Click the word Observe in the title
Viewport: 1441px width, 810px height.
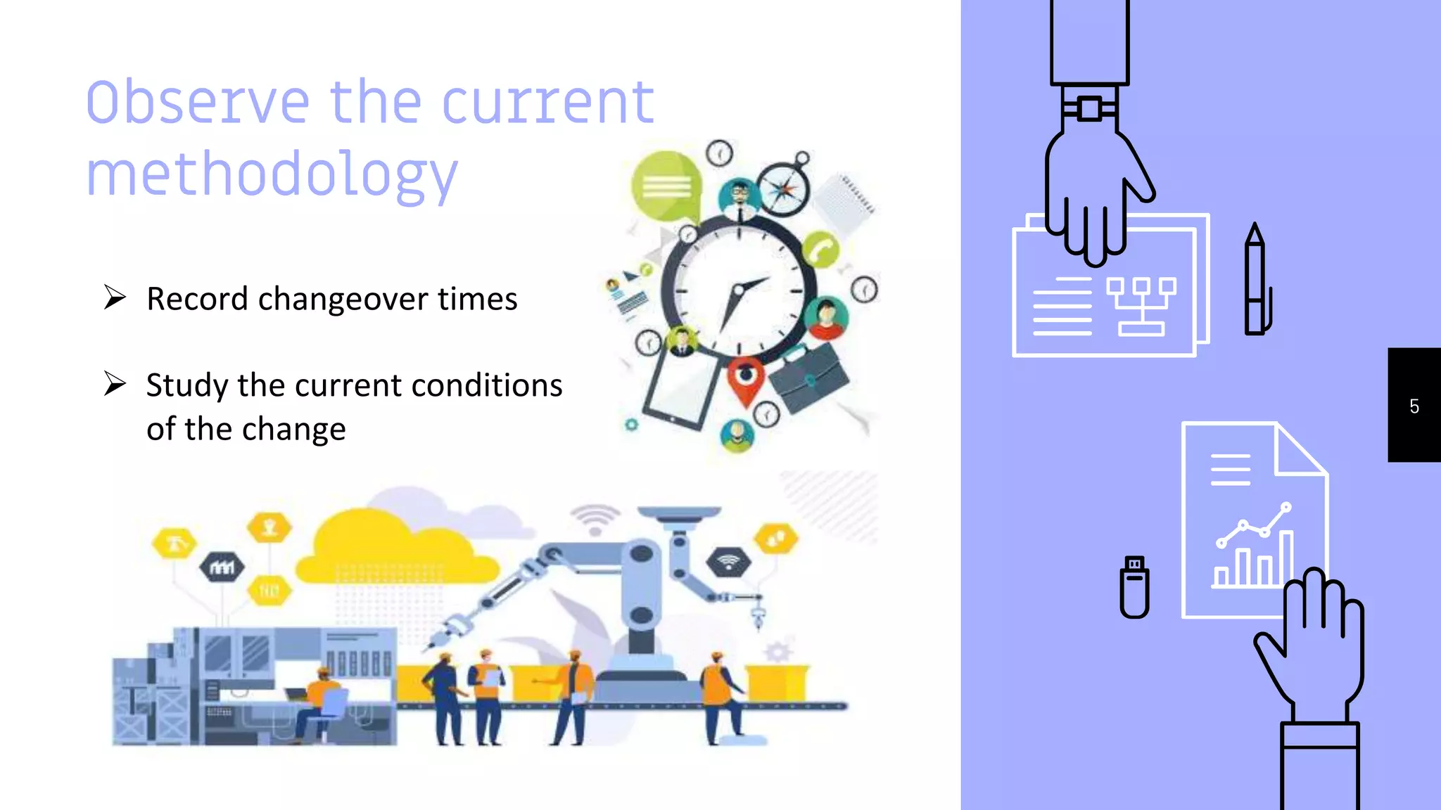click(198, 103)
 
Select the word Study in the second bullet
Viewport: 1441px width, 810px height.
click(187, 385)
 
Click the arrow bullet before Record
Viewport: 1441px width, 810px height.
click(115, 297)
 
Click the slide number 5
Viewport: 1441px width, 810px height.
click(1414, 406)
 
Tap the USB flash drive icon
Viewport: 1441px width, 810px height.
click(1134, 587)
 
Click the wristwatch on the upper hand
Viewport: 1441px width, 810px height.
click(1089, 109)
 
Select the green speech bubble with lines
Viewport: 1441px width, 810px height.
click(666, 186)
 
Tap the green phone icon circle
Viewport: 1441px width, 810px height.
click(820, 250)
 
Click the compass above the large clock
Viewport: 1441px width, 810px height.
click(783, 188)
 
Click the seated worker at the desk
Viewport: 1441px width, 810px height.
click(320, 703)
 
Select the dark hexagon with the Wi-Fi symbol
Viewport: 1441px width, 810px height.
click(728, 562)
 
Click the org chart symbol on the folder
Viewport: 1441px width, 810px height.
click(1141, 306)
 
